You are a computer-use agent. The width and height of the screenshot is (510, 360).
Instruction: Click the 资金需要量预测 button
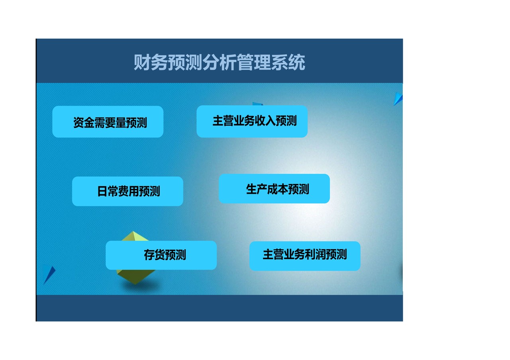click(108, 122)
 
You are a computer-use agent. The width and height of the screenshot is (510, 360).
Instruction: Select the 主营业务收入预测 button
click(252, 121)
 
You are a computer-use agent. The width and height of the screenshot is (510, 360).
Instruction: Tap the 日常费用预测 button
click(127, 191)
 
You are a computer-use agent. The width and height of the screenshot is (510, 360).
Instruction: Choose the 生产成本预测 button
click(274, 189)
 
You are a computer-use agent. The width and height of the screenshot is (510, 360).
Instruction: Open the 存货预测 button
click(161, 255)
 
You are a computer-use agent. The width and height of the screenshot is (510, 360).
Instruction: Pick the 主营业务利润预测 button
click(305, 256)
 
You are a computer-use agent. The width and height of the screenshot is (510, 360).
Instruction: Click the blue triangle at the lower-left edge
click(48, 274)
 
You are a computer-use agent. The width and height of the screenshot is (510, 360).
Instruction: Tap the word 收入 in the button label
click(265, 121)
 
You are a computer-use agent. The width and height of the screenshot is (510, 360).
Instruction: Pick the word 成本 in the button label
click(277, 189)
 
